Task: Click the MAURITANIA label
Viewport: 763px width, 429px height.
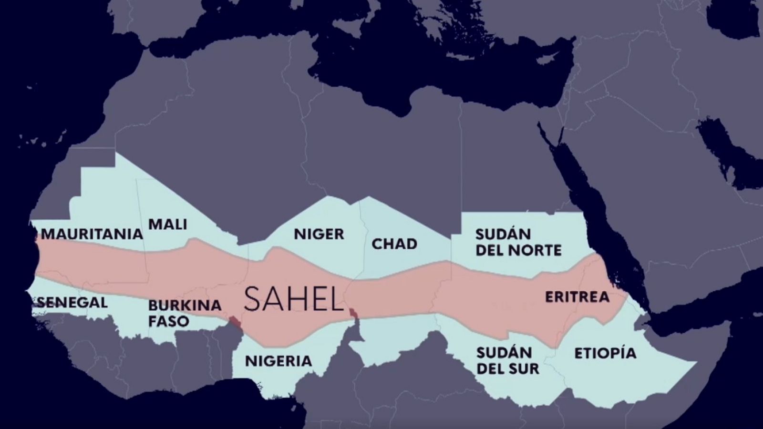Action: point(92,234)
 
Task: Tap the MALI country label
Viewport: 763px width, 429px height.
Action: point(167,224)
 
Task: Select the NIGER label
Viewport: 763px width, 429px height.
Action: point(319,234)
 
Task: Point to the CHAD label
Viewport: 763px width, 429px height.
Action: point(394,244)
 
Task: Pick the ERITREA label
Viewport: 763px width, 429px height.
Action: point(577,297)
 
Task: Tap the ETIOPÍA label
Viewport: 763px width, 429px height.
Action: point(605,353)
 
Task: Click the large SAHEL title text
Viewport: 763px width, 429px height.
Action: point(294,298)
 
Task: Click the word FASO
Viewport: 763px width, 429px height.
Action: point(168,321)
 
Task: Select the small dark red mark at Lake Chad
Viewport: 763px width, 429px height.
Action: point(353,313)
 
